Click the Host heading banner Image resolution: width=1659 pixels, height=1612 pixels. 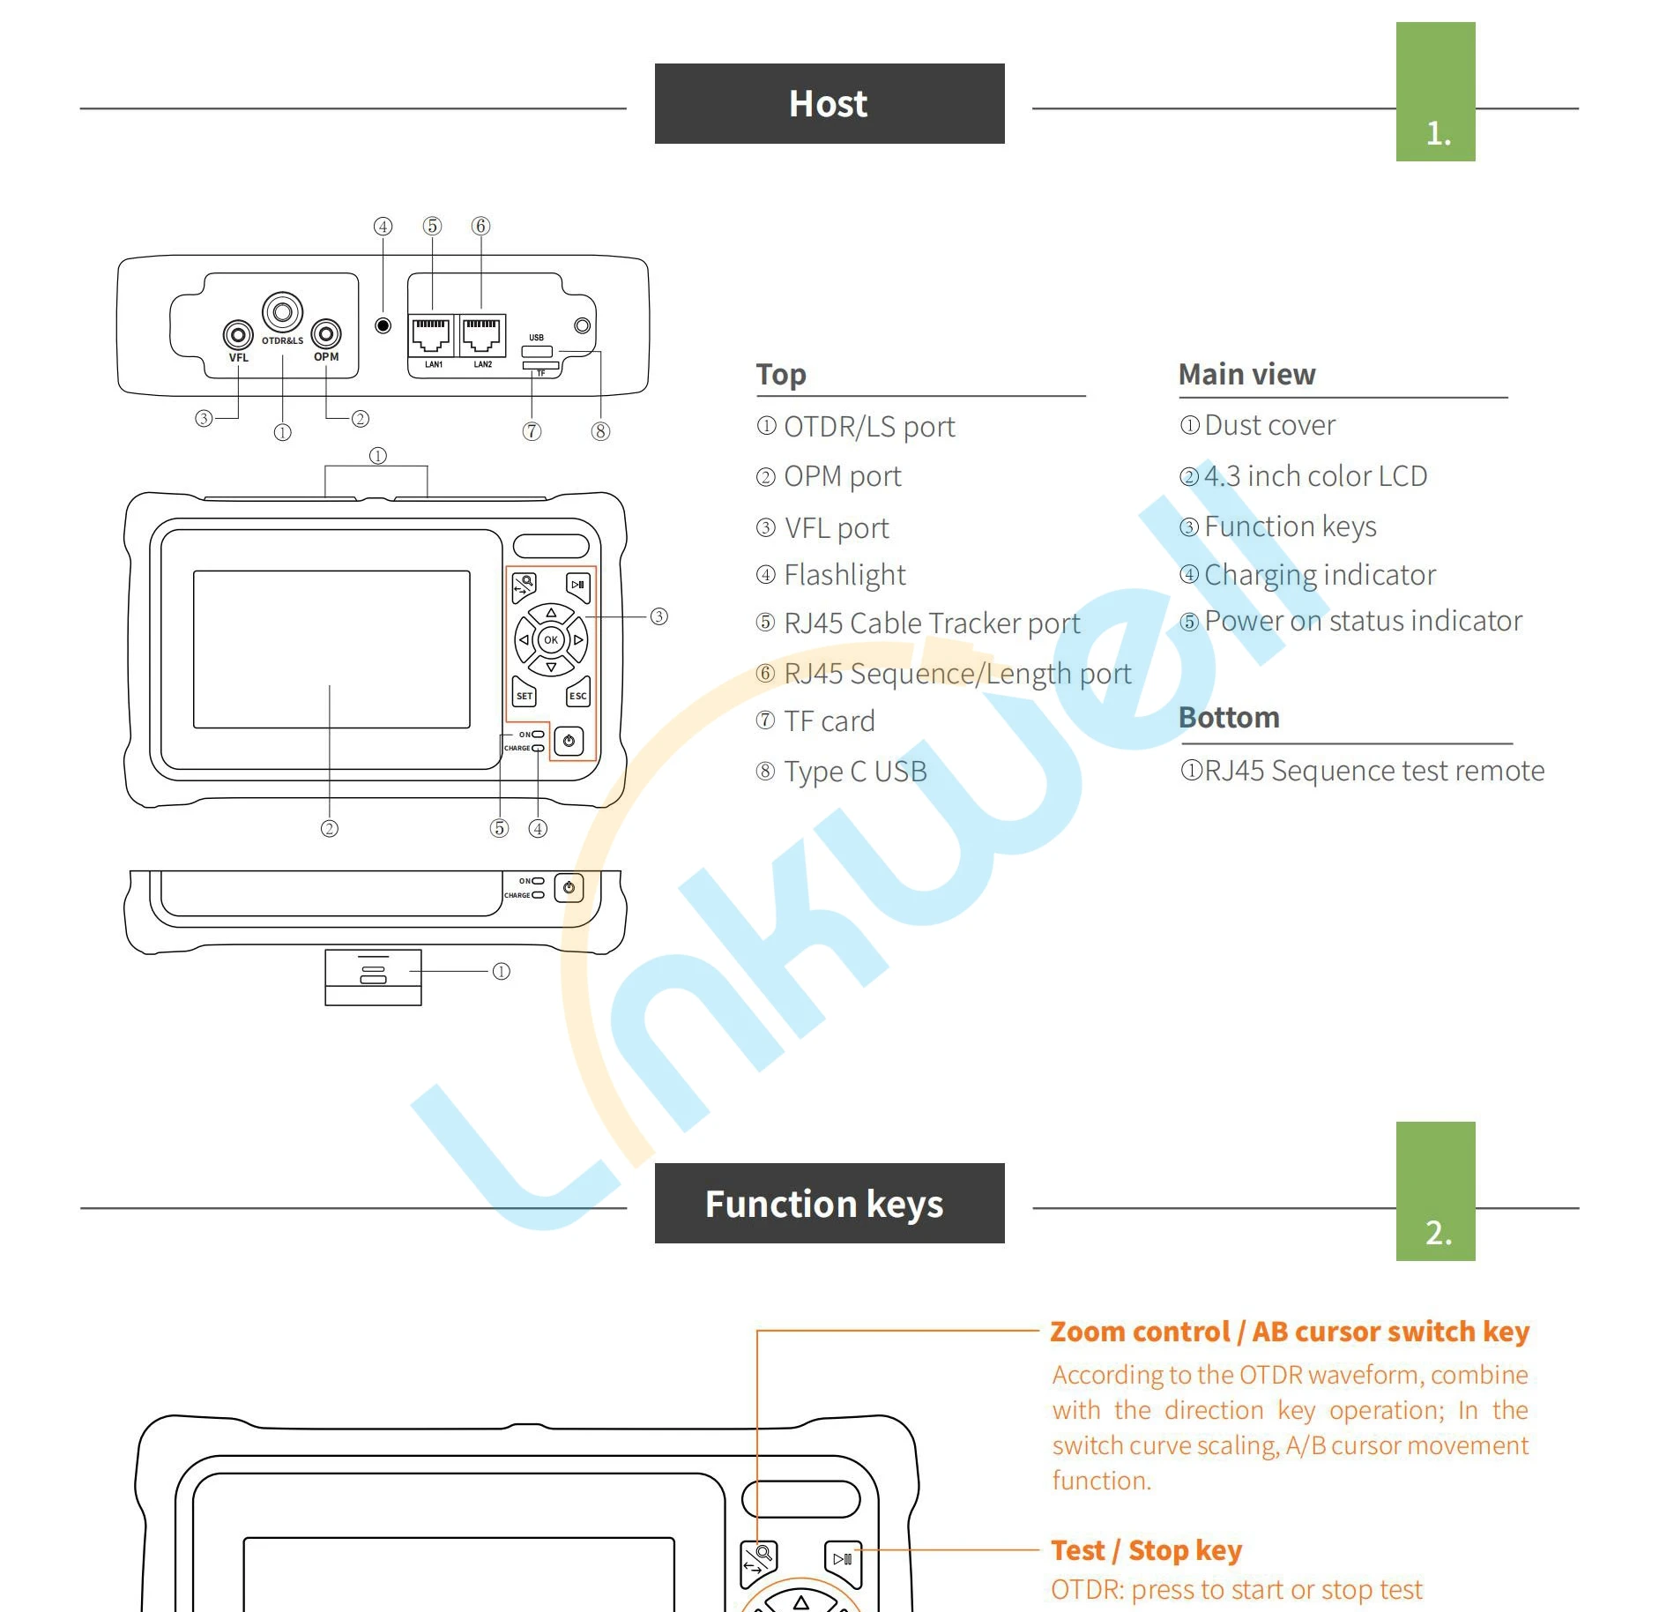[x=829, y=103]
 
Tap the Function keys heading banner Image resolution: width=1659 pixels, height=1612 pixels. [x=829, y=1203]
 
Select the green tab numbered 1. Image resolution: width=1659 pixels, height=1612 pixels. [x=1435, y=93]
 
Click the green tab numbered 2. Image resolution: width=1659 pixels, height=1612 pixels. [x=1435, y=1191]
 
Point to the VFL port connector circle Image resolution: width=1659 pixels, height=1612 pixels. [x=237, y=334]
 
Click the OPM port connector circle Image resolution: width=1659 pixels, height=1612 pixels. [x=326, y=333]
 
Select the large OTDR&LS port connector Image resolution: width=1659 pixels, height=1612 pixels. [x=282, y=312]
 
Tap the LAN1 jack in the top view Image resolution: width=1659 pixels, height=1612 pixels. [x=432, y=335]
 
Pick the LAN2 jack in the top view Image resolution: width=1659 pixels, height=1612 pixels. [x=482, y=335]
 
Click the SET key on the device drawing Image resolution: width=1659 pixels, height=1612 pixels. [x=524, y=693]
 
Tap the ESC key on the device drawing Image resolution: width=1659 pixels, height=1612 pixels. [x=578, y=693]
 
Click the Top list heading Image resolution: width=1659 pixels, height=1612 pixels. [x=781, y=375]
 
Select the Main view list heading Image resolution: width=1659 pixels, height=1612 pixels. [x=1246, y=375]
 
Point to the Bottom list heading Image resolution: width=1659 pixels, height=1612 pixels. [x=1229, y=718]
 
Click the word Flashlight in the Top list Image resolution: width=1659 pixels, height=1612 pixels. [x=844, y=575]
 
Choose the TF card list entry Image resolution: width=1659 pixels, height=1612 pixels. [x=829, y=721]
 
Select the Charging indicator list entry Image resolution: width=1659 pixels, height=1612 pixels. [x=1320, y=575]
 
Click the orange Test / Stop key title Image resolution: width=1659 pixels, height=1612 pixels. [x=1146, y=1549]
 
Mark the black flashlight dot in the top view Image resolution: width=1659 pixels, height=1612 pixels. [x=383, y=325]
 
